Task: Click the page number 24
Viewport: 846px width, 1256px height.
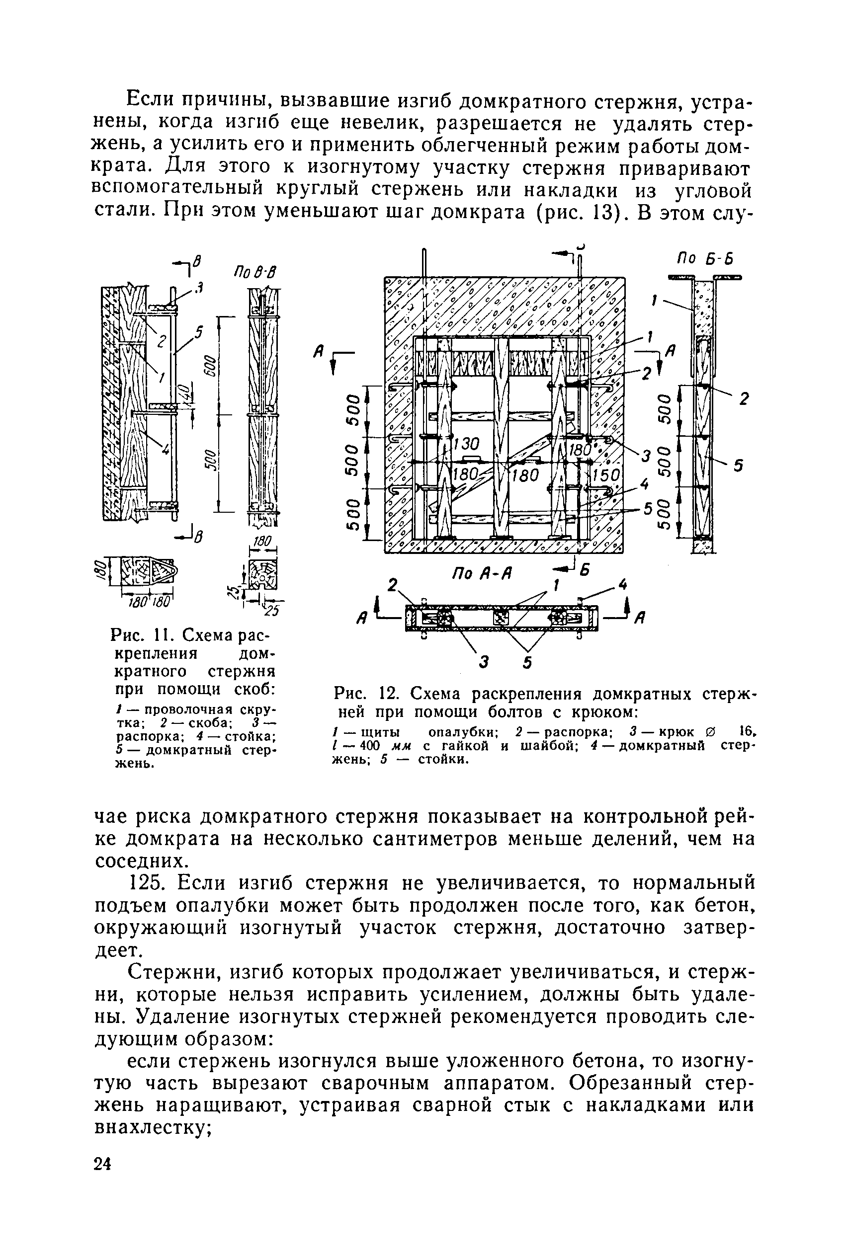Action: click(x=102, y=1164)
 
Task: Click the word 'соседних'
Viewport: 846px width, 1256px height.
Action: click(x=143, y=861)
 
